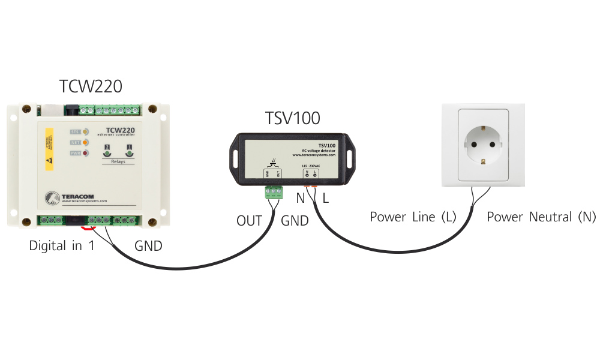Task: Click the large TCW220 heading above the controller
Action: (91, 86)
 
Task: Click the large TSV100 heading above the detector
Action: (292, 118)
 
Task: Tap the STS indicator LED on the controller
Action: (85, 131)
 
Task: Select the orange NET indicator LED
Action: (85, 143)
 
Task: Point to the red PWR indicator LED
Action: (85, 154)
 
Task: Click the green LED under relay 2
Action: (107, 154)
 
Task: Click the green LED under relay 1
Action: (129, 154)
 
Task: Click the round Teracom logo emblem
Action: (52, 197)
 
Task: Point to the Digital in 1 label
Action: (62, 246)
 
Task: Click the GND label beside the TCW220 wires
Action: (148, 246)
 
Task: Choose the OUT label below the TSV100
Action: (249, 221)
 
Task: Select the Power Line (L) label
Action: (413, 217)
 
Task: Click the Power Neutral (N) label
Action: (541, 217)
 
